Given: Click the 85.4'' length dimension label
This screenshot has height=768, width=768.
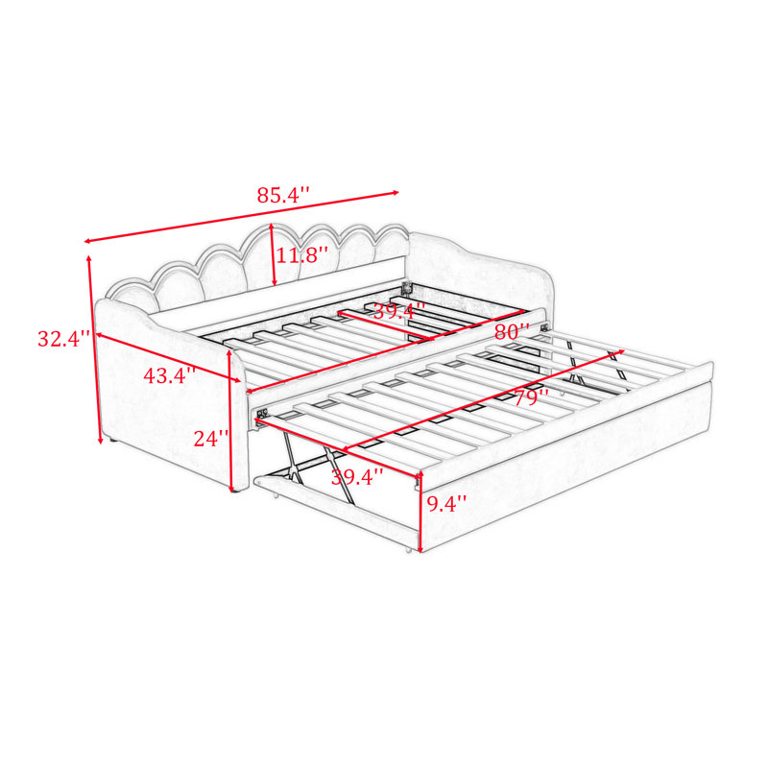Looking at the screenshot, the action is point(283,195).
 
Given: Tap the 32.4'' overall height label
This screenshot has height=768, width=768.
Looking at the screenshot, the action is point(64,339).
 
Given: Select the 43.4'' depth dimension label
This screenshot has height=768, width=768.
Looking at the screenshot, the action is point(170,375).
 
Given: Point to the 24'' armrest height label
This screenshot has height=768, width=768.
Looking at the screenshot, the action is point(211,439).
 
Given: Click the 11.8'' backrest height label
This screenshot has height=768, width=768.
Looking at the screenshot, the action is point(302,255).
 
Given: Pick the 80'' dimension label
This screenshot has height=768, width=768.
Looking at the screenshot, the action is point(513,331).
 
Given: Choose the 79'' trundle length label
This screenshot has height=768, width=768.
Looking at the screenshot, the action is point(531,397).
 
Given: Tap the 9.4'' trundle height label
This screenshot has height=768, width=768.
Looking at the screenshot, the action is point(446,503).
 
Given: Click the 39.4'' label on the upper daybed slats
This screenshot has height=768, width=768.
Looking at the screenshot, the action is point(399,310).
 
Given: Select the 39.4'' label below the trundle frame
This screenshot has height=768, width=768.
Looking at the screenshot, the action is point(357,476).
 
